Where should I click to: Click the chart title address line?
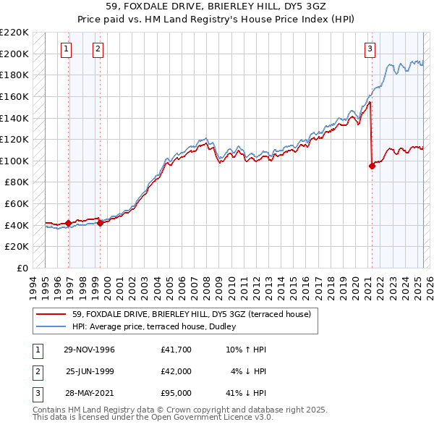point(217,8)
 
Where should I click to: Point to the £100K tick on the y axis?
point(15,161)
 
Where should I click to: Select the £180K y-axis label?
point(15,75)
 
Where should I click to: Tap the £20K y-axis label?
point(17,247)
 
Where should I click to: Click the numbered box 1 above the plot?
point(66,49)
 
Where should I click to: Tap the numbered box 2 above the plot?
point(98,49)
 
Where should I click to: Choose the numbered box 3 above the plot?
point(370,49)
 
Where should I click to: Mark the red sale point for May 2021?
point(373,166)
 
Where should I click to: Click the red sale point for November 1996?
point(69,223)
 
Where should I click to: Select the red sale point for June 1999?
point(101,223)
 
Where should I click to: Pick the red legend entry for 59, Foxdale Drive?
point(191,314)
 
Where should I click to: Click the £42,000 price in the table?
point(176,371)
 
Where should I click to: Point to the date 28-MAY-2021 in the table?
point(89,393)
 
